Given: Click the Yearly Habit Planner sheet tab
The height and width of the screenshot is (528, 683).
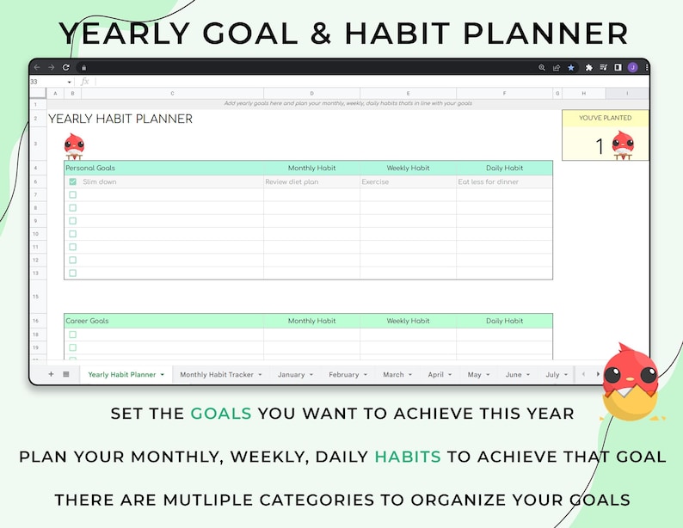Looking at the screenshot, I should point(122,375).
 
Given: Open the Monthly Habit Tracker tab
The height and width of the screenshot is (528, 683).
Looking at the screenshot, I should point(216,375).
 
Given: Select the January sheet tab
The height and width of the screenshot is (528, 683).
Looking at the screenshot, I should point(291,375).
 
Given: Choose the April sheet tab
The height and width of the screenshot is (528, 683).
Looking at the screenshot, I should point(435,375).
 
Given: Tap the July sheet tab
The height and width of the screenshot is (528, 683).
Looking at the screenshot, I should point(552,375).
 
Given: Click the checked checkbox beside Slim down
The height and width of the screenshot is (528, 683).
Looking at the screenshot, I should point(72,182).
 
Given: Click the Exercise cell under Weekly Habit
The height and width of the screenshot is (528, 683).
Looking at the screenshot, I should point(375,182).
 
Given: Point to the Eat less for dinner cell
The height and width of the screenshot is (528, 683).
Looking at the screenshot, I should point(489,182).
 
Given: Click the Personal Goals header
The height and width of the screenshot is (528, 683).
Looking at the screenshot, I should point(90,169).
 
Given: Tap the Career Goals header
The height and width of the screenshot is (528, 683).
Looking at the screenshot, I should point(88,321).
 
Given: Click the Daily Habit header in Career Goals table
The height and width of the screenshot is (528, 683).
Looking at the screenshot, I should point(504,321).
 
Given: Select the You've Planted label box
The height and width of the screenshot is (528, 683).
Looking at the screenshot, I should point(605,118).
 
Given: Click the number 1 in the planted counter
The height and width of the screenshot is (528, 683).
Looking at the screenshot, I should point(600,147).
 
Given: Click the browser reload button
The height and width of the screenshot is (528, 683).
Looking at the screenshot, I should point(66,67).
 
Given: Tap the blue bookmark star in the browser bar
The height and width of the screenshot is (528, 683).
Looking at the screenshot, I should point(570,67).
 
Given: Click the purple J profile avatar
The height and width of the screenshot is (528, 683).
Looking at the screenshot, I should point(632,67).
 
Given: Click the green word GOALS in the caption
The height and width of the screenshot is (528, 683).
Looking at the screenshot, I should point(221,414).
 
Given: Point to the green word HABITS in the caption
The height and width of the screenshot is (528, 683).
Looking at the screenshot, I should point(407,457).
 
